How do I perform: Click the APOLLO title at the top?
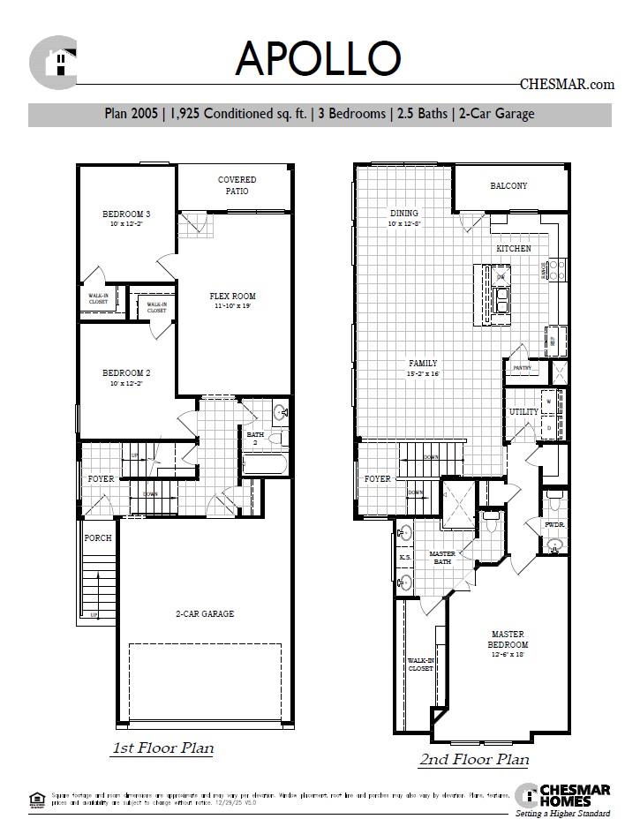tap(318, 59)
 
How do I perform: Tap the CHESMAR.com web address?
tap(566, 85)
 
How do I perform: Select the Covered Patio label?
tap(233, 185)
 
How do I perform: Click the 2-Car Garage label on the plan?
tap(205, 614)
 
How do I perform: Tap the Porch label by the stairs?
tap(97, 537)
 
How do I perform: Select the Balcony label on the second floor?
tap(508, 186)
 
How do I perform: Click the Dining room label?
tap(404, 214)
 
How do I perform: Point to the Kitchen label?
tap(513, 249)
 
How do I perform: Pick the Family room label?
tap(422, 364)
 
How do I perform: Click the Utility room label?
tap(523, 412)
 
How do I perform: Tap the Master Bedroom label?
tap(508, 640)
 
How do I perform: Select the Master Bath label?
tap(441, 558)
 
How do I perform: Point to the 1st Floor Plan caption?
tap(162, 749)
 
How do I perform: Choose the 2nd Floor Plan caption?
tap(473, 759)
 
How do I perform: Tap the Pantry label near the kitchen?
tap(521, 367)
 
